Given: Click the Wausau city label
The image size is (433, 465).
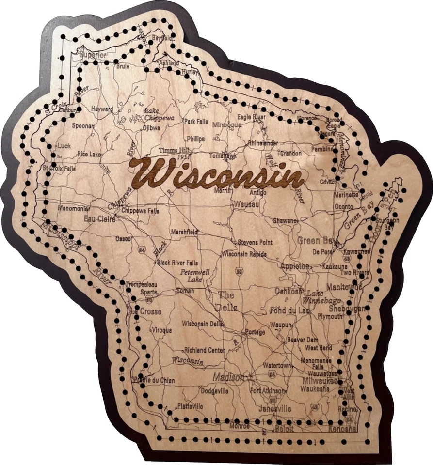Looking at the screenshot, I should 246,204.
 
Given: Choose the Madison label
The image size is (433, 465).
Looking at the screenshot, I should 230,378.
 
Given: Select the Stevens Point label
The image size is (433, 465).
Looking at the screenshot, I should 256,242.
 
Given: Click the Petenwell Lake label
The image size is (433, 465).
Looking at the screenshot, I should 195,276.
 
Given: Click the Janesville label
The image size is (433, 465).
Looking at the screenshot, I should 275,409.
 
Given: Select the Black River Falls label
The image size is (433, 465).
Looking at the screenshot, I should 177,263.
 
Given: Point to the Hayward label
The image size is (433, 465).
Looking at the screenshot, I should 102,109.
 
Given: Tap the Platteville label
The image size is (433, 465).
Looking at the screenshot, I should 190,406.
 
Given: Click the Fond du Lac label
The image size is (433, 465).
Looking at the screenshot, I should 289,310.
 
